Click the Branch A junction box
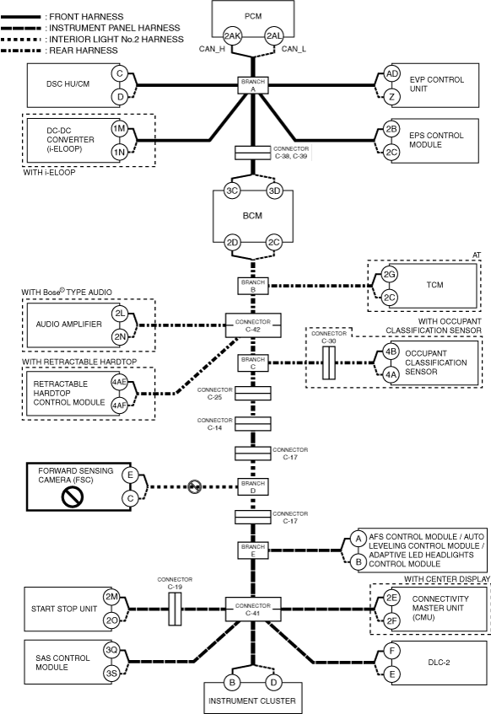[x=253, y=85]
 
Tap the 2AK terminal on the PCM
[x=232, y=36]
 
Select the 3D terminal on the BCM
[x=274, y=191]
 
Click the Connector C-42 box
[x=253, y=325]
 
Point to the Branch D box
[x=253, y=486]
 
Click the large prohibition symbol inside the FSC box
[x=73, y=496]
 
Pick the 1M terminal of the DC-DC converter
[x=120, y=129]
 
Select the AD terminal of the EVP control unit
[x=391, y=74]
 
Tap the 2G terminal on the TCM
[x=389, y=275]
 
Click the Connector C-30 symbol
[x=329, y=363]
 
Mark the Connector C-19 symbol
[x=175, y=609]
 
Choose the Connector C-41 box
[x=253, y=609]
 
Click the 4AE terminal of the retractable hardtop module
[x=120, y=382]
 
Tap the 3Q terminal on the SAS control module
[x=111, y=650]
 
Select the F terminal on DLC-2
[x=391, y=651]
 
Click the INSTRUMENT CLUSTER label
[x=252, y=701]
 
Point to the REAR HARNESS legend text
[x=84, y=51]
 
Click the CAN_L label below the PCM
[x=294, y=49]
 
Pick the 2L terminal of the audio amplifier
[x=121, y=314]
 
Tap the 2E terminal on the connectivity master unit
[x=391, y=598]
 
